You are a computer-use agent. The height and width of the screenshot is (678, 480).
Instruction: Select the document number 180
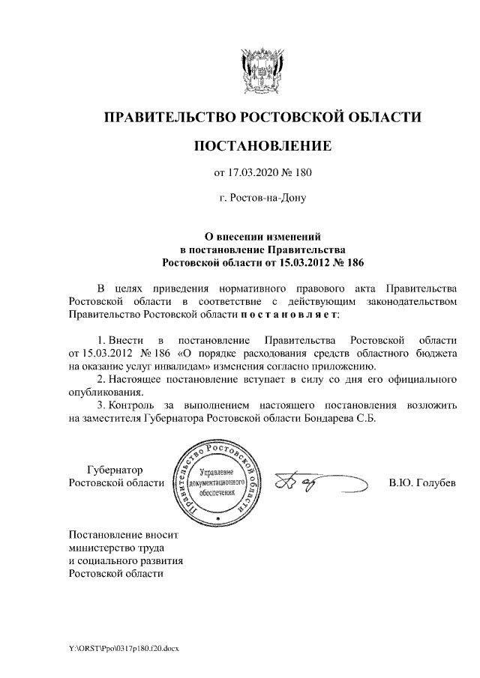(x=301, y=173)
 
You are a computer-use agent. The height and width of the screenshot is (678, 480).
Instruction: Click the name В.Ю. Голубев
(x=421, y=482)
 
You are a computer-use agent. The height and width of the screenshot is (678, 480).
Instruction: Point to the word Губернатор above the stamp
(x=115, y=469)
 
